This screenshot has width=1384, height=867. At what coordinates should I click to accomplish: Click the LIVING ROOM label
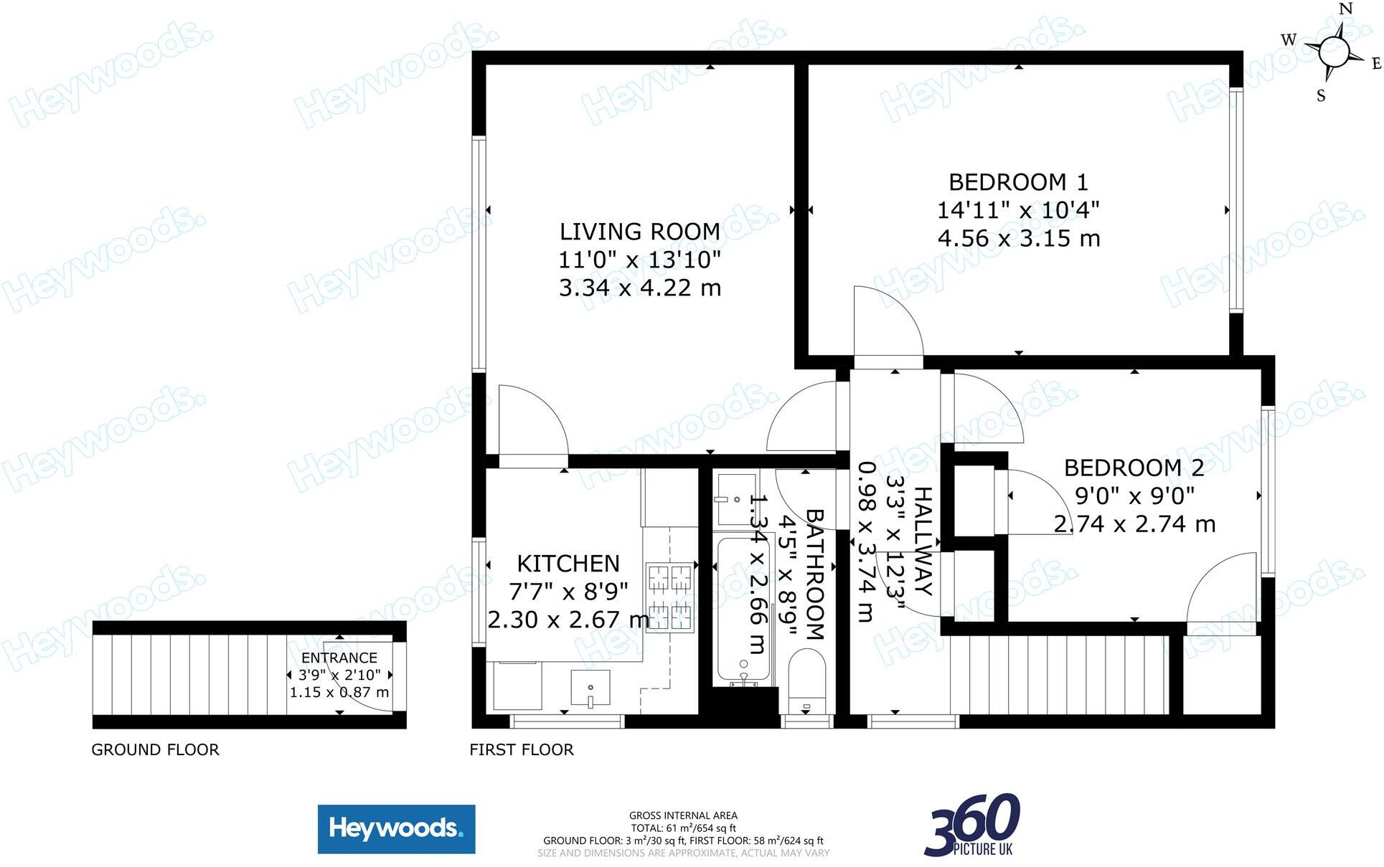(x=640, y=232)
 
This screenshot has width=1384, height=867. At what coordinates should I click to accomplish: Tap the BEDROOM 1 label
(x=1018, y=182)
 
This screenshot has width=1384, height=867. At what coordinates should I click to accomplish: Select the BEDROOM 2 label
(x=1134, y=468)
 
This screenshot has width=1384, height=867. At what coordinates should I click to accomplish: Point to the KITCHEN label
(x=568, y=563)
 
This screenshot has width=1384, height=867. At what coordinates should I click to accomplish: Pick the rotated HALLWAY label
(x=923, y=541)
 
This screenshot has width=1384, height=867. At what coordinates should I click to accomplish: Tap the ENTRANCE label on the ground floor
(x=339, y=658)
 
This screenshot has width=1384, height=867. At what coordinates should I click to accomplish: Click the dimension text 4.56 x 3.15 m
(x=1019, y=238)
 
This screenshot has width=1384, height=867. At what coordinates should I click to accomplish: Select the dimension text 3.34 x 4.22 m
(x=640, y=288)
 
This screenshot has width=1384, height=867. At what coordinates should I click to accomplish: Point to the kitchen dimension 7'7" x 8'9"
(x=568, y=591)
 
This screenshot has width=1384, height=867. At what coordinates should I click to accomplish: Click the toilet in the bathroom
(x=807, y=681)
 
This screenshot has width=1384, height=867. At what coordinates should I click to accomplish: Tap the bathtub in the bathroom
(x=743, y=610)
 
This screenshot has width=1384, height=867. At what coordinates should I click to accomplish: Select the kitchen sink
(x=590, y=688)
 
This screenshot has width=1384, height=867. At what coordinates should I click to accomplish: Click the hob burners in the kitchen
(x=671, y=596)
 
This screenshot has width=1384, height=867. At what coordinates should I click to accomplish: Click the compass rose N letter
(x=1346, y=9)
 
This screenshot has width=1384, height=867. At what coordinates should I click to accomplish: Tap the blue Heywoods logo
(x=396, y=829)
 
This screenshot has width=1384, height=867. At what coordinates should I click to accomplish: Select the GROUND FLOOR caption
(x=155, y=749)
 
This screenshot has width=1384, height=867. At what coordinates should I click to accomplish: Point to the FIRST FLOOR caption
(x=522, y=749)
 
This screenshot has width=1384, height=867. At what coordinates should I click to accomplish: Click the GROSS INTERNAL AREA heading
(x=683, y=815)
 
